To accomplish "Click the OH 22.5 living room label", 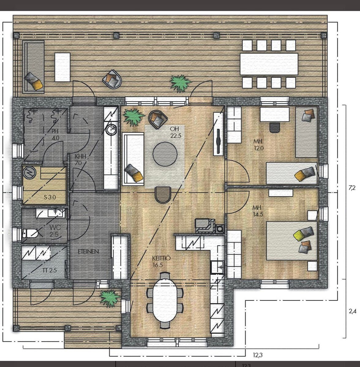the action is pyautogui.click(x=175, y=132).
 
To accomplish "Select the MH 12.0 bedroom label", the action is pyautogui.click(x=258, y=145).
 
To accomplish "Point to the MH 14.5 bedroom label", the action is pyautogui.click(x=258, y=211).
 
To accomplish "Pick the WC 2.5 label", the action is pyautogui.click(x=55, y=231).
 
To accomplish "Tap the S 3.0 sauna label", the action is pyautogui.click(x=50, y=197).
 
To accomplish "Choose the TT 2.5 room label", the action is pyautogui.click(x=50, y=270).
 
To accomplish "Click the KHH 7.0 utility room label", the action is pyautogui.click(x=80, y=160).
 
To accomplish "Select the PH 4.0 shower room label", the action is pyautogui.click(x=55, y=135).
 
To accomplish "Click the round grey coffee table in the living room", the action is pyautogui.click(x=165, y=154).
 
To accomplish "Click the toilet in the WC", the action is pyautogui.click(x=30, y=233).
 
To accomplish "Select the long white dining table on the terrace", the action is pyautogui.click(x=269, y=64).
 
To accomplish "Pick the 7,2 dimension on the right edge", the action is pyautogui.click(x=352, y=188).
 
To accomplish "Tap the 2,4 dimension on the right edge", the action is pyautogui.click(x=352, y=312).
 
